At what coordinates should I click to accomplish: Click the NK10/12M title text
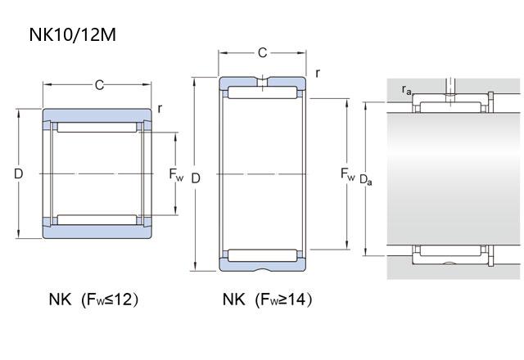pyautogui.click(x=73, y=34)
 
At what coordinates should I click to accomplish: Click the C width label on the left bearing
pyautogui.click(x=99, y=85)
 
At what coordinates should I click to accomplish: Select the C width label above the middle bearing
pyautogui.click(x=262, y=52)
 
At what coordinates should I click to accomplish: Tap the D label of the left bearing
pyautogui.click(x=19, y=173)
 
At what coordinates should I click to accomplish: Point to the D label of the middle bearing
pyautogui.click(x=196, y=178)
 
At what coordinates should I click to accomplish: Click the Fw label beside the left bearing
pyautogui.click(x=176, y=174)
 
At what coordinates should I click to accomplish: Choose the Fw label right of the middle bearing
pyautogui.click(x=347, y=174)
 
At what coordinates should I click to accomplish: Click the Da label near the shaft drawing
pyautogui.click(x=366, y=180)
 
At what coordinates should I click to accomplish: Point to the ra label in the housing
pyautogui.click(x=406, y=90)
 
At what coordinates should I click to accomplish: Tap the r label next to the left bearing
pyautogui.click(x=160, y=109)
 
